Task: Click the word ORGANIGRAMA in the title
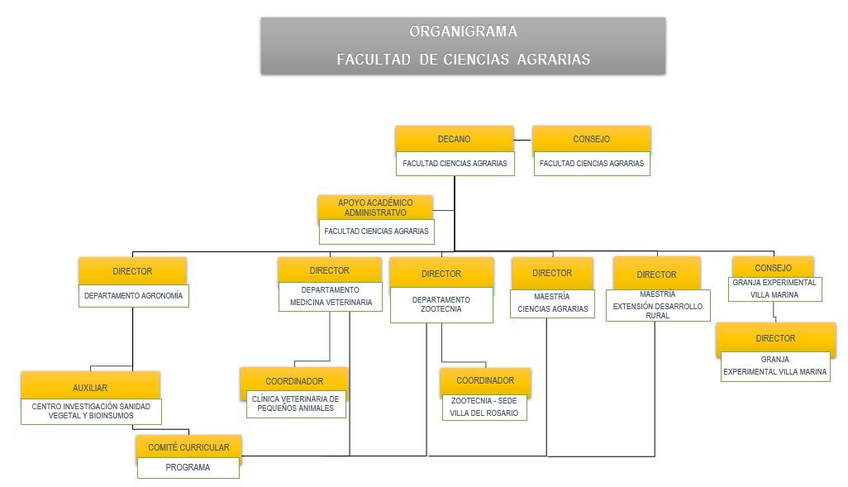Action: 463,32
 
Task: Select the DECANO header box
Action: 454,139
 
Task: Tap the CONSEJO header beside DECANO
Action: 591,139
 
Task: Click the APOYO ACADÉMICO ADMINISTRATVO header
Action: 375,208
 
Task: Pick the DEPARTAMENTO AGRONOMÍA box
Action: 134,295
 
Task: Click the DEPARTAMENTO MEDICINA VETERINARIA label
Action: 330,297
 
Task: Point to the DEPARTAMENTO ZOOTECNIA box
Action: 441,304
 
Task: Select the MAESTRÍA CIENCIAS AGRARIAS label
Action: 552,303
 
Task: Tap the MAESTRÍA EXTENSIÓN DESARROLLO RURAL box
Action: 657,304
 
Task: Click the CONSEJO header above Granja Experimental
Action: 773,268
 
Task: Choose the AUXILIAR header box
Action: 90,387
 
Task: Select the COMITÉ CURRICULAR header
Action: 188,447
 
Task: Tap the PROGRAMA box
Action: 188,467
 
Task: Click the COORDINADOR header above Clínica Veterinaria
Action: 294,381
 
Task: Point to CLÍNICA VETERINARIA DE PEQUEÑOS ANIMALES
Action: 294,403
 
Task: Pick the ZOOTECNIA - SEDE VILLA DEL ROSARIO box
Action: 484,407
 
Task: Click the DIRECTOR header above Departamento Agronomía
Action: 132,271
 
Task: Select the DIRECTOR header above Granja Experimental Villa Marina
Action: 775,338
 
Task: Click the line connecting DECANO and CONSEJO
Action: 523,141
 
